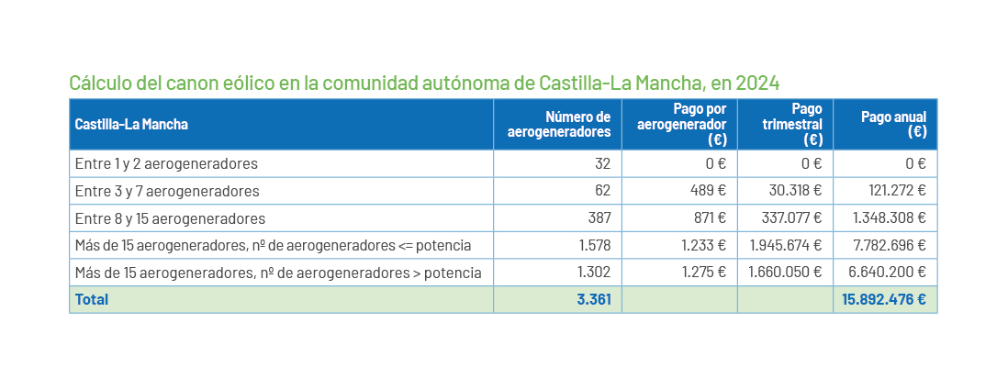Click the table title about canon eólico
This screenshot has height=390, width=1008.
tap(424, 84)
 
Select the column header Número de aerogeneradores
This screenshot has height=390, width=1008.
tap(559, 124)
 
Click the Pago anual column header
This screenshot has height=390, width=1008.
tap(893, 124)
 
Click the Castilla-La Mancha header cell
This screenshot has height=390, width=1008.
tap(131, 124)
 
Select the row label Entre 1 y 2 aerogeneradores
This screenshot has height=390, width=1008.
tap(166, 164)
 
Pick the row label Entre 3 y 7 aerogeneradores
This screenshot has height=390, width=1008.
tap(167, 192)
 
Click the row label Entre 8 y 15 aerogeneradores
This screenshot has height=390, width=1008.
tap(170, 219)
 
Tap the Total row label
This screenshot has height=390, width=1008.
tap(92, 300)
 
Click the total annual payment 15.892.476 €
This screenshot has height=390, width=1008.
tap(883, 300)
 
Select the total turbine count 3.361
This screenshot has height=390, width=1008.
tap(594, 300)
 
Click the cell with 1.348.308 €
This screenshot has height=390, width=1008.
tap(889, 219)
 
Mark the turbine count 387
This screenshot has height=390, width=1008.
tap(599, 219)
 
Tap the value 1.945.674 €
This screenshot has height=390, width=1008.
tap(785, 246)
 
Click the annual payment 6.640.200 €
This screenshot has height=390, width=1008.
tap(889, 273)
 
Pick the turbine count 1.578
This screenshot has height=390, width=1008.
tap(594, 246)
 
